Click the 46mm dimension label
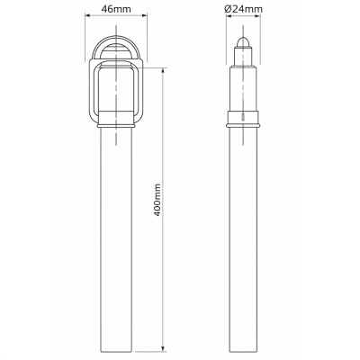pos(116,9)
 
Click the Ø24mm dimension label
pos(243,9)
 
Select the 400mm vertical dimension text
pos(157,200)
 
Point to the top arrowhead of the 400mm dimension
pos(163,71)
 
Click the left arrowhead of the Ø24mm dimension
pos(229,16)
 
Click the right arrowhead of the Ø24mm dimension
pos(257,16)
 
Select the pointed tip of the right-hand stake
pos(243,38)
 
